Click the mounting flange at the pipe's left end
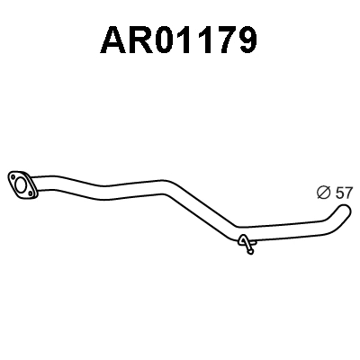point(22,183)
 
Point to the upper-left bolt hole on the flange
point(13,175)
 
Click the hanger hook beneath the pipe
point(246,243)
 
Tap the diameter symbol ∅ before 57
point(322,191)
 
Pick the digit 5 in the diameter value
point(337,191)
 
